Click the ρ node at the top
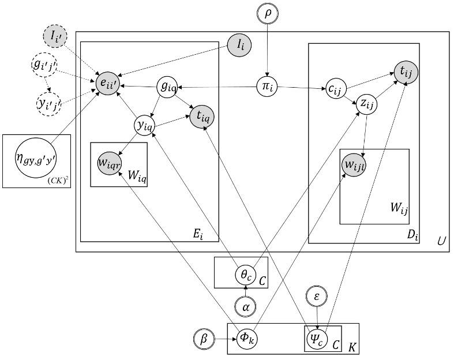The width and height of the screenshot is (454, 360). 267,13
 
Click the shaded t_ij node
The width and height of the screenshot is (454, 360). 406,72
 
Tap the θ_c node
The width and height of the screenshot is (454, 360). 245,273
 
